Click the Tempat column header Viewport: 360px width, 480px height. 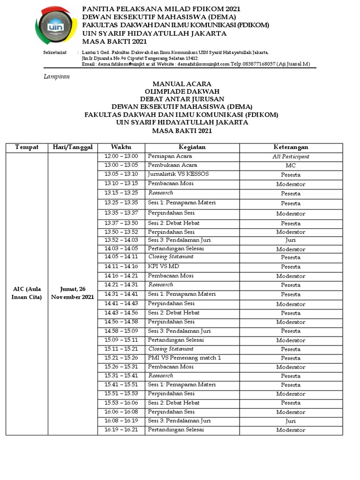pyautogui.click(x=27, y=148)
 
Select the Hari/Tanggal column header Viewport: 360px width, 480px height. pyautogui.click(x=73, y=148)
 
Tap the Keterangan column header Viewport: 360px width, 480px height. pyautogui.click(x=291, y=148)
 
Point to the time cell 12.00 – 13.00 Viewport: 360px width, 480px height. pyautogui.click(x=121, y=157)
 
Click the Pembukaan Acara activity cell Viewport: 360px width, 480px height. pyautogui.click(x=172, y=165)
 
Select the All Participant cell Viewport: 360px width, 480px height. pyautogui.click(x=291, y=157)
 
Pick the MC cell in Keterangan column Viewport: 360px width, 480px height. pyautogui.click(x=291, y=166)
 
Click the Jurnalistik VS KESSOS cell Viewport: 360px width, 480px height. pyautogui.click(x=178, y=174)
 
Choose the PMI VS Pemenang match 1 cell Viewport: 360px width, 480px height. pyautogui.click(x=184, y=358)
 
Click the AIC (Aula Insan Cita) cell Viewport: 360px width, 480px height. pyautogui.click(x=27, y=293)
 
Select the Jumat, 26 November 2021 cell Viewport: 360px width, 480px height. pyautogui.click(x=73, y=293)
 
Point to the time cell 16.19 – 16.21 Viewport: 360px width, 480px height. pyautogui.click(x=121, y=430)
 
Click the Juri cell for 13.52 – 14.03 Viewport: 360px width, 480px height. pyautogui.click(x=291, y=240)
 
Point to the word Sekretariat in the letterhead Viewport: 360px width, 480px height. pyautogui.click(x=54, y=53)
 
